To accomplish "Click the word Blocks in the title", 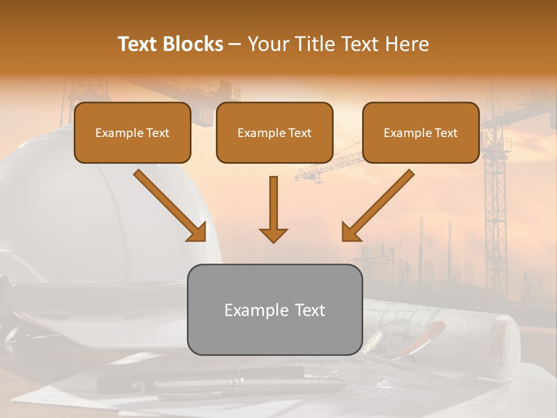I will [194, 44].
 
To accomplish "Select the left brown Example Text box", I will [132, 132].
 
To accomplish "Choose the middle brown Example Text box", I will [274, 132].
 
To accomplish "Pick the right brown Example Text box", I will [421, 132].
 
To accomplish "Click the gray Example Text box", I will [274, 309].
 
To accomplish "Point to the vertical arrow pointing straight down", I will [273, 206].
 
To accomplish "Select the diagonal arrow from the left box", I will [168, 204].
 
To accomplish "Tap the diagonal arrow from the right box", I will [379, 204].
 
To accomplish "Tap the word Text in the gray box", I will [309, 310].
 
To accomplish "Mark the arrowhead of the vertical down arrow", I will [273, 235].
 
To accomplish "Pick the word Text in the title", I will [139, 44].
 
